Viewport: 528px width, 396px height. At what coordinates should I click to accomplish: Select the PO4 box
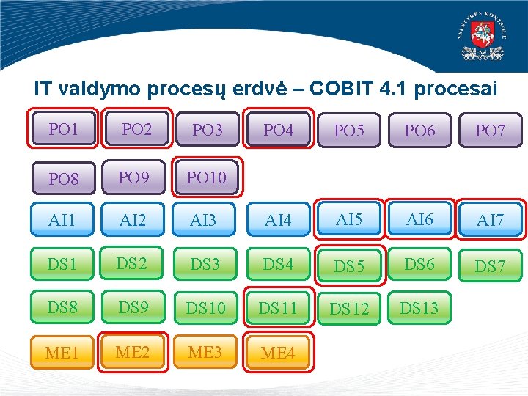(278, 130)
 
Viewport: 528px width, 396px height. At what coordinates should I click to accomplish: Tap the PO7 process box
(490, 131)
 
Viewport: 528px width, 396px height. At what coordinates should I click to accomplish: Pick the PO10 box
(207, 177)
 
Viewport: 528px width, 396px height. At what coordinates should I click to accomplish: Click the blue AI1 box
(62, 219)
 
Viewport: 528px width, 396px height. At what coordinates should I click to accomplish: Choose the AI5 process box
(349, 219)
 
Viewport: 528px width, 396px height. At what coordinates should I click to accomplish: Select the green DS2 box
(133, 264)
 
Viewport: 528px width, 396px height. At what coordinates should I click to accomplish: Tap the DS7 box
(490, 265)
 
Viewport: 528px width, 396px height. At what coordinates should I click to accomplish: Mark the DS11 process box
(278, 308)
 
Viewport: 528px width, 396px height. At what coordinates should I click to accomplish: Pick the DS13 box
(419, 308)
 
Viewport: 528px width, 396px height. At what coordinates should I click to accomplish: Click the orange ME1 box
(62, 353)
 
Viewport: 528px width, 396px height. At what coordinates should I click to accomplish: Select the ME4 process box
(278, 353)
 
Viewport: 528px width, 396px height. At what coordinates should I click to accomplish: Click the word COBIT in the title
(344, 89)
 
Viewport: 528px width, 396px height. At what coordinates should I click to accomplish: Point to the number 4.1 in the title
(396, 89)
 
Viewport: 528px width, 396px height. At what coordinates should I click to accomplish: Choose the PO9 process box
(133, 177)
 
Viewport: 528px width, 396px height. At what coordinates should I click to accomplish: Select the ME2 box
(133, 352)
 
